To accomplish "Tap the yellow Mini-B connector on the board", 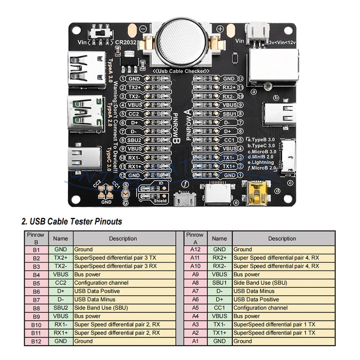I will (x=256, y=193).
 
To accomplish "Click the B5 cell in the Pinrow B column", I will (x=36, y=283).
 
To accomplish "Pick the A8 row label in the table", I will (x=195, y=283).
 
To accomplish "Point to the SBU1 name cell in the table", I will (x=219, y=283).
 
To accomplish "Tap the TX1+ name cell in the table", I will (x=219, y=333).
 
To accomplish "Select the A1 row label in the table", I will (x=195, y=341).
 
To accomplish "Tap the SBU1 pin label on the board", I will (x=229, y=114).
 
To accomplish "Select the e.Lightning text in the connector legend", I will (x=261, y=162).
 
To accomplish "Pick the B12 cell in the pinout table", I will (x=36, y=341).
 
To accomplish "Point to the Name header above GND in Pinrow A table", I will (x=219, y=238).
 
